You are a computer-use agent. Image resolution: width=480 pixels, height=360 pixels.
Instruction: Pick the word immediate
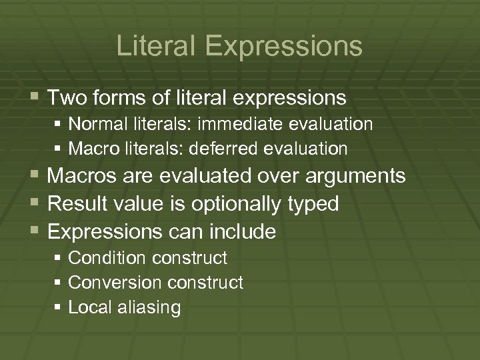(230, 124)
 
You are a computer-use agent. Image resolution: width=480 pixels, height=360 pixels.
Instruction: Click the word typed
(313, 204)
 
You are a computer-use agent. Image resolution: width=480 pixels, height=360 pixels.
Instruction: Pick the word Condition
(101, 257)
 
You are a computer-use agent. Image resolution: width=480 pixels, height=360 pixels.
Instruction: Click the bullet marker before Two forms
(36, 99)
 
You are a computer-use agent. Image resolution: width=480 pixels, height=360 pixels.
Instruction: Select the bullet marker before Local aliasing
(59, 307)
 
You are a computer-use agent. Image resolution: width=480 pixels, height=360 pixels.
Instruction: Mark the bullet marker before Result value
(36, 204)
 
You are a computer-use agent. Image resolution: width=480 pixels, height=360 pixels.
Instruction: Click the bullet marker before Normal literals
(59, 125)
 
